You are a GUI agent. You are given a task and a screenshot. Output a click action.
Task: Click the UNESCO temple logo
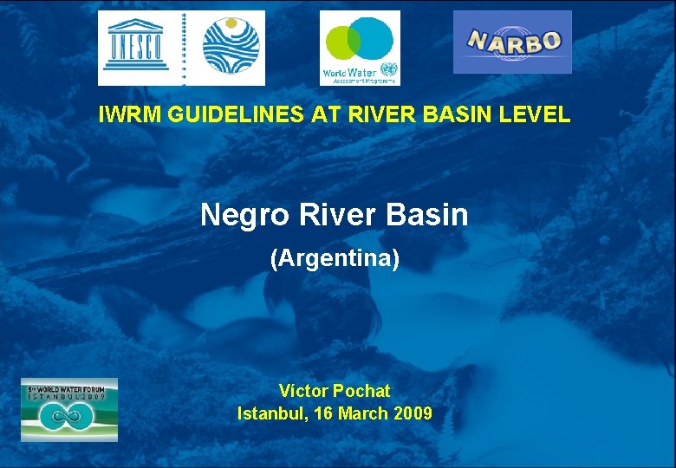point(134,47)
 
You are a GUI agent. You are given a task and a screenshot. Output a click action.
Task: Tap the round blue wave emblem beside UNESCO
point(231,47)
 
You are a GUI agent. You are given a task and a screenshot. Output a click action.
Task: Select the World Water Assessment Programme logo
point(360,48)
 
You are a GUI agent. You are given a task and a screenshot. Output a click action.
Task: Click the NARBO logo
point(512,42)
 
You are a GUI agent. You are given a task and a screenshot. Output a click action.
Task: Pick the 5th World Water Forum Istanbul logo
point(69,409)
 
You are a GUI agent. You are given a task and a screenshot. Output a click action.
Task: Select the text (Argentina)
point(335,258)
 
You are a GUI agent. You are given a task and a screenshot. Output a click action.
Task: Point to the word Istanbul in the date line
point(270,413)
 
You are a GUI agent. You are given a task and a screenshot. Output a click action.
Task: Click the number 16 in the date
point(323,413)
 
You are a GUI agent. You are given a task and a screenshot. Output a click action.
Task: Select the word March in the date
point(363,413)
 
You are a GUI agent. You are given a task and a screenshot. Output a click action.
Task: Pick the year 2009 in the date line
point(413,413)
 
